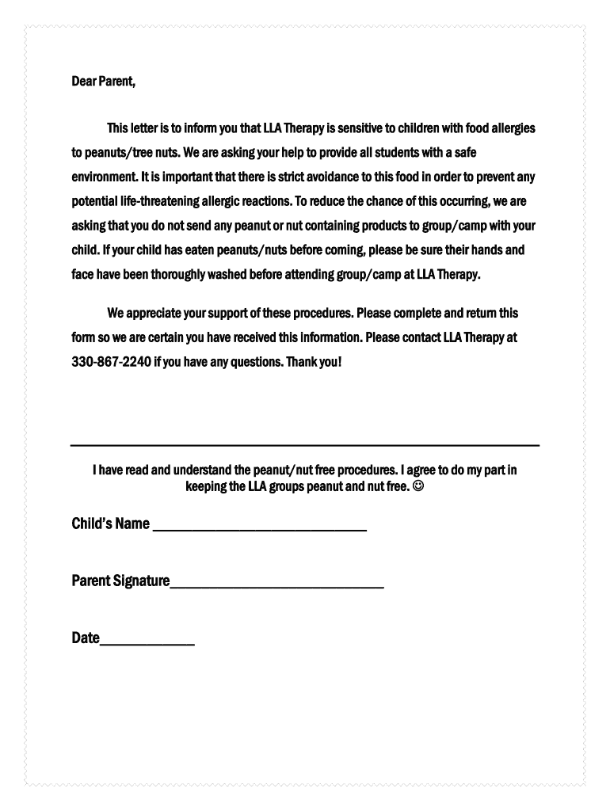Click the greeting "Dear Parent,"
click(x=104, y=82)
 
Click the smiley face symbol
click(x=418, y=485)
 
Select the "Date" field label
click(x=86, y=638)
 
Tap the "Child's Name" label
click(x=110, y=524)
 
